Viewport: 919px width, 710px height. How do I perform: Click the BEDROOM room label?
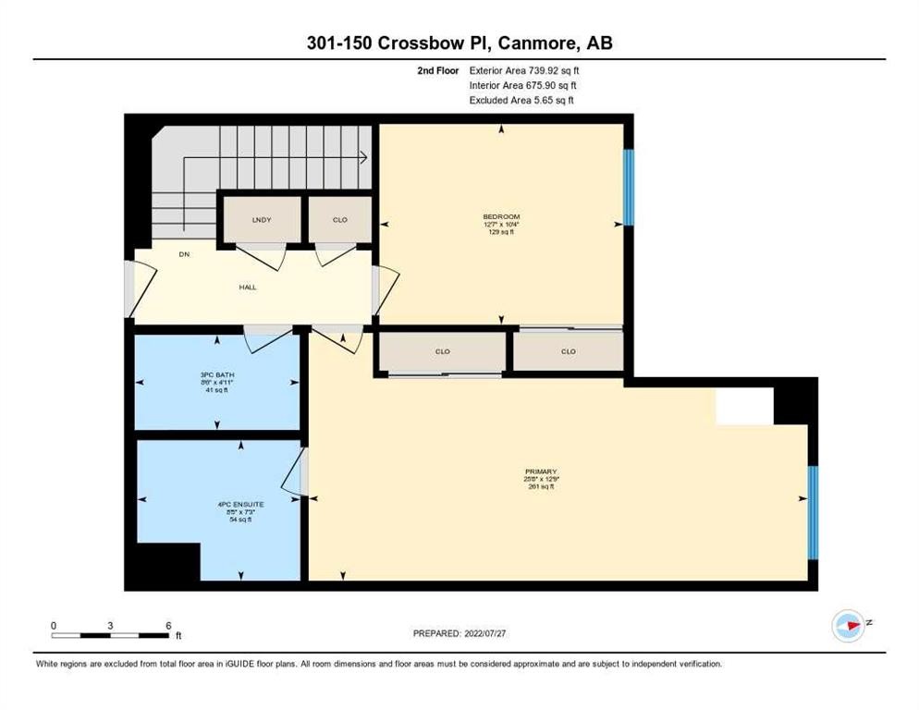pyautogui.click(x=501, y=217)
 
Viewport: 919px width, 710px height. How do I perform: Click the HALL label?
pyautogui.click(x=247, y=287)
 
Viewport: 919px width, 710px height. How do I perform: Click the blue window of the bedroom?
pyautogui.click(x=628, y=187)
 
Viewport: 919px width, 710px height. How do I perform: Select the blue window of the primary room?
pyautogui.click(x=813, y=512)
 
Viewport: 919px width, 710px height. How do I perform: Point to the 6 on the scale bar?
pyautogui.click(x=167, y=626)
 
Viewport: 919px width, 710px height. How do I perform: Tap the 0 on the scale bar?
pyautogui.click(x=54, y=626)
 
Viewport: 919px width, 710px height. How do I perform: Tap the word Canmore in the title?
pyautogui.click(x=529, y=43)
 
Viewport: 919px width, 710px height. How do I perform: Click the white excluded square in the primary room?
pyautogui.click(x=744, y=406)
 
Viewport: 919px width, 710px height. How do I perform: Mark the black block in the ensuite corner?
pyautogui.click(x=167, y=561)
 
